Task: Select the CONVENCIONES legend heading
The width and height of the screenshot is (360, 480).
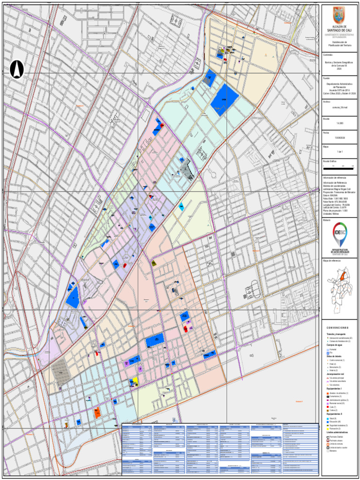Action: [339, 328]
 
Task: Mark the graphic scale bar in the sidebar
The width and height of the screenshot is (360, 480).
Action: [339, 166]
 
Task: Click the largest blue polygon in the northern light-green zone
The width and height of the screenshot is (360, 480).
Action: [225, 99]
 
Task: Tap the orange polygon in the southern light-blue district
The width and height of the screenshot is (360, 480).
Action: [97, 413]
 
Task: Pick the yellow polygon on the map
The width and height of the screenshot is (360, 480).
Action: [135, 380]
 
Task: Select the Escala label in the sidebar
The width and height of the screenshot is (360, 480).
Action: [326, 119]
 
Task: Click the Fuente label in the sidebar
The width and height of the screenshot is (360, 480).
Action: [327, 78]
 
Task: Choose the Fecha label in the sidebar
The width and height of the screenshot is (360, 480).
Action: [326, 133]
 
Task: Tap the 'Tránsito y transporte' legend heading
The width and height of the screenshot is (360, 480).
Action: [336, 333]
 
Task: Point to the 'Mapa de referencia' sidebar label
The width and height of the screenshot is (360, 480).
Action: [332, 260]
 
